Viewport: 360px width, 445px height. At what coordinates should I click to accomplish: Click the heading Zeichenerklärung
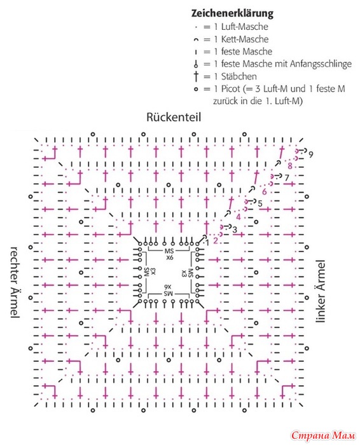coord(232,13)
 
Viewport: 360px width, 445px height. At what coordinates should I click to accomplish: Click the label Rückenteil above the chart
coord(174,117)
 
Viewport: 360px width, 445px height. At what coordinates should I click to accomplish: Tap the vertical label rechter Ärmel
coord(15,282)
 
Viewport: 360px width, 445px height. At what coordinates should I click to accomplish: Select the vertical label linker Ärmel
coord(320,291)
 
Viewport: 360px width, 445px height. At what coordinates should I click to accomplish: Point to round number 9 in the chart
coord(311,154)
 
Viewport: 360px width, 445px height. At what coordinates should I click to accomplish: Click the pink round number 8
coord(290,165)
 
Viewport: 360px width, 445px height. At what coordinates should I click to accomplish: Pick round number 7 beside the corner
coord(286,178)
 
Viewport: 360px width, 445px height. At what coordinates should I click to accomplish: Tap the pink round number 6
coord(265,191)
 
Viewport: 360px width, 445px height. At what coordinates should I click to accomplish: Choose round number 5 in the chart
coord(260,203)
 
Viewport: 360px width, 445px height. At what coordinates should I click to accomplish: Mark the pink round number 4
coord(239,217)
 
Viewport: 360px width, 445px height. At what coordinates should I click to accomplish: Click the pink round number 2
coord(216,241)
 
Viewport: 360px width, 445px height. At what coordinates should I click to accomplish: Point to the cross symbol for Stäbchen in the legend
coord(196,76)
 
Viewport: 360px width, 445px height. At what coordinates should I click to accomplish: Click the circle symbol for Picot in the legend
coord(196,90)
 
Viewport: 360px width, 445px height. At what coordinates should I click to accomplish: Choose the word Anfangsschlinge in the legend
coord(321,64)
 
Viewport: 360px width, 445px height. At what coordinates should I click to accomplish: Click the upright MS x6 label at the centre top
coord(169,254)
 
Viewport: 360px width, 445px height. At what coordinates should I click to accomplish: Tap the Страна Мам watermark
coord(323,435)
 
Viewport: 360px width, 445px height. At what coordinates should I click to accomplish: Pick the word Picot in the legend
coord(231,89)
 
